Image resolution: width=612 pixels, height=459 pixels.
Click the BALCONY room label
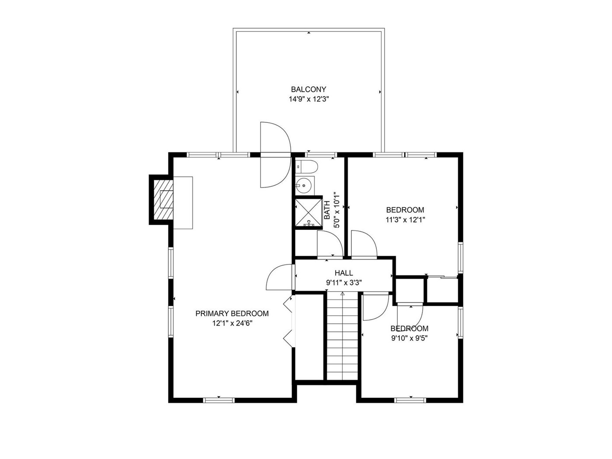pyautogui.click(x=308, y=90)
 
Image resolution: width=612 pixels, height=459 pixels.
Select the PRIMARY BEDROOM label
pyautogui.click(x=232, y=313)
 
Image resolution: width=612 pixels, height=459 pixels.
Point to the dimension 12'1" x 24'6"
pyautogui.click(x=232, y=323)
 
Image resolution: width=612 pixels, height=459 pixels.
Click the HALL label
pyautogui.click(x=344, y=273)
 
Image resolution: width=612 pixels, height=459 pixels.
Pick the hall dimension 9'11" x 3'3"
pyautogui.click(x=344, y=283)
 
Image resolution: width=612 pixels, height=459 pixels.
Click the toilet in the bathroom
pyautogui.click(x=306, y=167)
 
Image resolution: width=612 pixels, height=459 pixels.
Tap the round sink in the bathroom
pyautogui.click(x=305, y=185)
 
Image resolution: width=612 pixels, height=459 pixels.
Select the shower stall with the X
pyautogui.click(x=308, y=212)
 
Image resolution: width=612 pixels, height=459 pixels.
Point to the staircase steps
pyautogui.click(x=342, y=336)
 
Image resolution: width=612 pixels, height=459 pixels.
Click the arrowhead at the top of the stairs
pyautogui.click(x=342, y=293)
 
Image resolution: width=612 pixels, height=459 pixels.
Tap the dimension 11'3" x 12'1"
pyautogui.click(x=405, y=220)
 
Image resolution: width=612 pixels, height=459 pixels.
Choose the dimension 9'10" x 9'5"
pyautogui.click(x=410, y=338)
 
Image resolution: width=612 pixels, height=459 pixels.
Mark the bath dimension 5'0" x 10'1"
pyautogui.click(x=337, y=209)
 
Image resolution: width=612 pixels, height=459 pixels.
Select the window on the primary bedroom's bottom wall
pyautogui.click(x=219, y=400)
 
